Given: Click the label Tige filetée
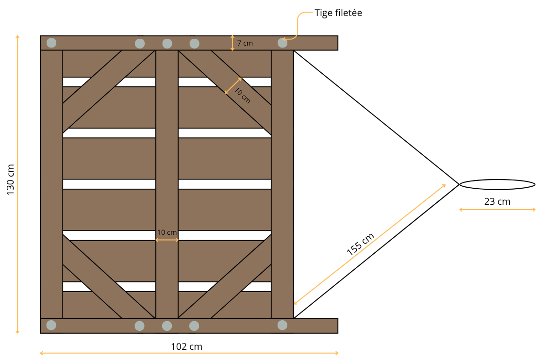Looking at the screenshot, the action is (338, 13).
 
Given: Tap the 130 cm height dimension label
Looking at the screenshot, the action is (11, 180).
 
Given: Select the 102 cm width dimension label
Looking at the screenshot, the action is (186, 346).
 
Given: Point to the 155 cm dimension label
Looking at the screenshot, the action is (360, 244).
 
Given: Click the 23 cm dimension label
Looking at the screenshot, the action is (497, 201).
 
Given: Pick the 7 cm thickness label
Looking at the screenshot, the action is (245, 43).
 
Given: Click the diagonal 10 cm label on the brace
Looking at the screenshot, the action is (243, 96).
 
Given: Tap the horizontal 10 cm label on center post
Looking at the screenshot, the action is (166, 232).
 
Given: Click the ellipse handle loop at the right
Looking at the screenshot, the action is (497, 180).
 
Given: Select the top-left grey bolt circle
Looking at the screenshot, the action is (51, 43).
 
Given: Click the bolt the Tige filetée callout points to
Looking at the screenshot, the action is (282, 43).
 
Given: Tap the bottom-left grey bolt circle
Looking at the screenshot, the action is (51, 325).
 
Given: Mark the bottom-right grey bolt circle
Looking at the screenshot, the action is (282, 325).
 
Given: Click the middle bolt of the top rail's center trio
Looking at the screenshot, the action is (167, 44).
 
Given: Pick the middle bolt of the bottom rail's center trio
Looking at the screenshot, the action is (167, 326).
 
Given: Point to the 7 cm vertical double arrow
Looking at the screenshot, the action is (232, 43).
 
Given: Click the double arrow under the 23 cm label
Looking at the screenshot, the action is (498, 210).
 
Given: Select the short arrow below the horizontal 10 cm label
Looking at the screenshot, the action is (167, 240).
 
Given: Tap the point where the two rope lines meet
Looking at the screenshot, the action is (459, 184).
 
